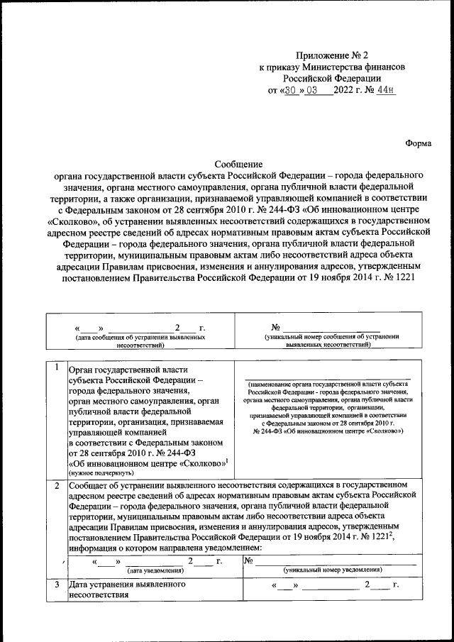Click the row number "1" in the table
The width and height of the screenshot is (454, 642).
click(56, 367)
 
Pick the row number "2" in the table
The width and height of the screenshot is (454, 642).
click(56, 486)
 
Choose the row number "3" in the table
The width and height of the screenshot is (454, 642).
click(56, 585)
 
